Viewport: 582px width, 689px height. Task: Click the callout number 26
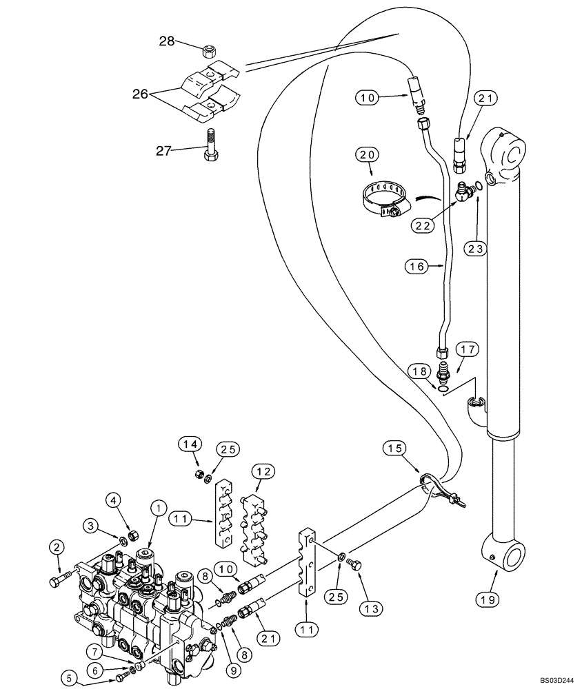pos(141,94)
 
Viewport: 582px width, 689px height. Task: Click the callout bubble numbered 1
pos(157,508)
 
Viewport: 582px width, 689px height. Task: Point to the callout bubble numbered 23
pos(477,249)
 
